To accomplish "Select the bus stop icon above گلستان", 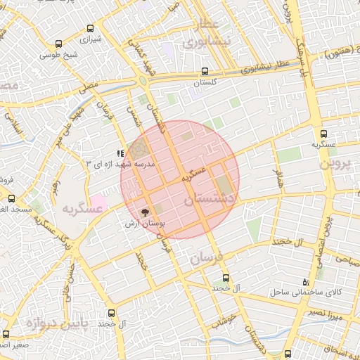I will coord(205,72).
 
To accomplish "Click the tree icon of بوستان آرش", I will coord(146,212).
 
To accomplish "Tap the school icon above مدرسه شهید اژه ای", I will coord(121,153).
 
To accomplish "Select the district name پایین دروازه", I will coord(60,322).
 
